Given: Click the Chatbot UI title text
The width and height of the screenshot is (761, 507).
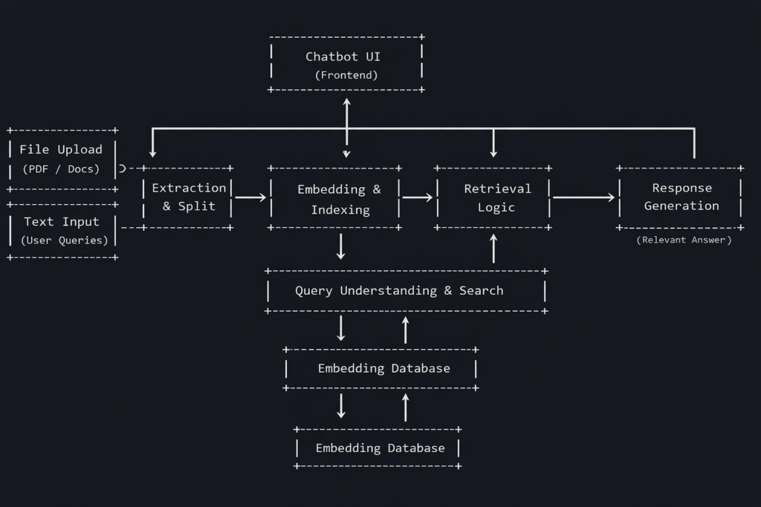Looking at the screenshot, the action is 343,56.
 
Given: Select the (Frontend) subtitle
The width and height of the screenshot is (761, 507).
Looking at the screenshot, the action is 346,75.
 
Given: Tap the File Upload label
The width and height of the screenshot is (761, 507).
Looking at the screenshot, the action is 61,149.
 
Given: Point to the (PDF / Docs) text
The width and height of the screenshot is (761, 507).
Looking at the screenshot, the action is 61,169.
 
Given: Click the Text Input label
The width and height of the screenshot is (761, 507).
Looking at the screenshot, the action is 61,221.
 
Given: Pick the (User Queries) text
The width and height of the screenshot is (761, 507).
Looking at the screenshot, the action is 64,241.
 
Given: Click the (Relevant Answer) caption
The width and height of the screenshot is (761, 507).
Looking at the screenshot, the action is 684,240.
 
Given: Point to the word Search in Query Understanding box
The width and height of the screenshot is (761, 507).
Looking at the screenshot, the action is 481,290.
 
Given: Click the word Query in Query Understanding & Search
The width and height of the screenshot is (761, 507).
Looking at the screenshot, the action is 314,291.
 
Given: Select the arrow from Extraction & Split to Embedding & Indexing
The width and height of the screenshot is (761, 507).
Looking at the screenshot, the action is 250,197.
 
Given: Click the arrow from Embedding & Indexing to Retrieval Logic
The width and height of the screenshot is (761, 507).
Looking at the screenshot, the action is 418,197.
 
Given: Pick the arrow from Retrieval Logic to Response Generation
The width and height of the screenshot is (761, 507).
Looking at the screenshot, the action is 584,197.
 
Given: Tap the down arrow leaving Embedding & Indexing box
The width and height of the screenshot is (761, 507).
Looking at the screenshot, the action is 340,246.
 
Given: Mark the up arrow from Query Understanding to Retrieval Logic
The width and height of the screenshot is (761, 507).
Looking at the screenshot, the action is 493,248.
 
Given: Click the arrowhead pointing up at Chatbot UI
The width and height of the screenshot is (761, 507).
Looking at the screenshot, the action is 346,102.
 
